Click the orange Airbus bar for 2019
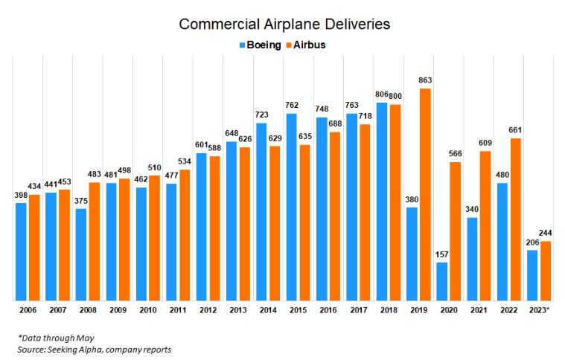[x=426, y=193]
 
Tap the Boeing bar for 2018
[x=382, y=200]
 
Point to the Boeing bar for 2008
[x=81, y=254]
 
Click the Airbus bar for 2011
[x=185, y=234]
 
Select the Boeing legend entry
[x=260, y=45]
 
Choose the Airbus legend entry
[x=305, y=45]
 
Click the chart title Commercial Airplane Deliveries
[x=284, y=25]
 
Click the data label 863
[x=426, y=80]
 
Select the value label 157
[x=442, y=254]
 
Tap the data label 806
[x=380, y=94]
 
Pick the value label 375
[x=80, y=201]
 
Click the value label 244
[x=546, y=234]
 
